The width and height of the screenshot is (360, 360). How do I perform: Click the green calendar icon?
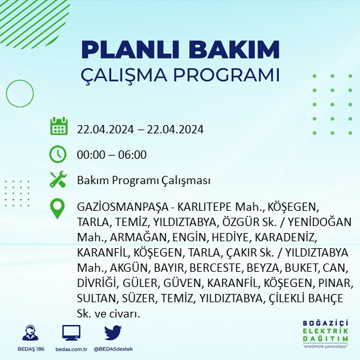59,126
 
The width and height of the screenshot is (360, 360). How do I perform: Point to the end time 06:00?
133,154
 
